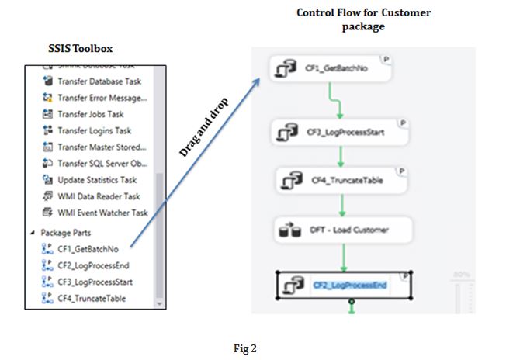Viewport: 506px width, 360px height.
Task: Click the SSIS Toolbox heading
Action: point(80,50)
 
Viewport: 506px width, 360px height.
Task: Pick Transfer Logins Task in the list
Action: point(94,130)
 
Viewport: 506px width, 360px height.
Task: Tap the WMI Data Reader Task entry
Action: point(99,197)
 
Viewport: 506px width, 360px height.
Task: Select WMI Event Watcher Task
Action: point(102,213)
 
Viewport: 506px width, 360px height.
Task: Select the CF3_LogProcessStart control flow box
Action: point(341,132)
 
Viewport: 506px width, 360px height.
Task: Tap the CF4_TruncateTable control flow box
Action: point(341,180)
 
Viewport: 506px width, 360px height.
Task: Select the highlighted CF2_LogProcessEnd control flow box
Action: point(343,285)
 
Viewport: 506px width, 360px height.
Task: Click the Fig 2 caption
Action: point(244,348)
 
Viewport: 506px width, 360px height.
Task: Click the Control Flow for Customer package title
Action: point(364,19)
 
